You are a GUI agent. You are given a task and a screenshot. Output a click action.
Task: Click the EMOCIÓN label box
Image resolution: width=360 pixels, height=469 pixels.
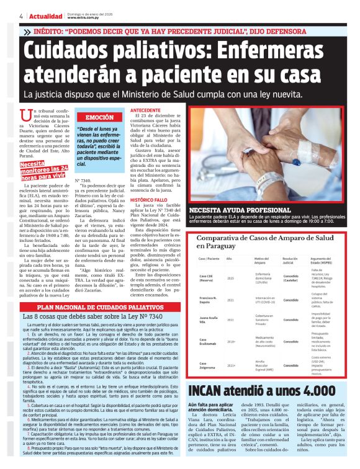[x=99, y=117]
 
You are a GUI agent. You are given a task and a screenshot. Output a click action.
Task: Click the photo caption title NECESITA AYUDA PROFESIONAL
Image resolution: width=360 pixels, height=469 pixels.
[x=234, y=210]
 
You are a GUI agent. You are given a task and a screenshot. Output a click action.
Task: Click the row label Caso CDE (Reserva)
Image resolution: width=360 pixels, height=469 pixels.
[x=207, y=279]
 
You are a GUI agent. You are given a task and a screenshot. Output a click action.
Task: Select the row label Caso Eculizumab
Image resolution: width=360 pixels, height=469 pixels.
[x=207, y=342]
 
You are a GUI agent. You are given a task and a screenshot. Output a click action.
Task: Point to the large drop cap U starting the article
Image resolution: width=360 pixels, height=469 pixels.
[x=25, y=115]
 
